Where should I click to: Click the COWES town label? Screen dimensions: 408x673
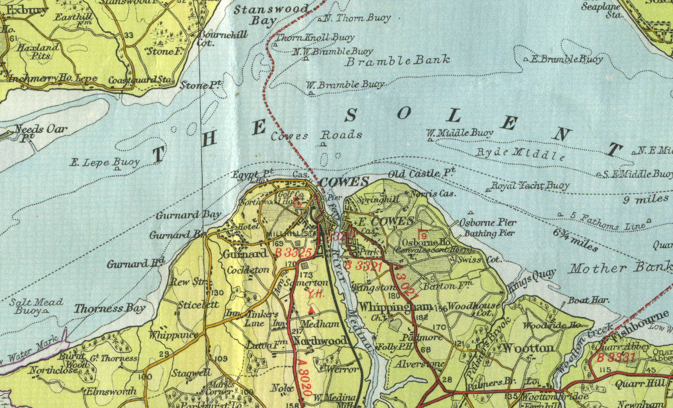(344, 182)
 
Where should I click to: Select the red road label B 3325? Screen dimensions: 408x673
(293, 252)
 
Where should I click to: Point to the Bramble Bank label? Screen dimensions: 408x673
(397, 61)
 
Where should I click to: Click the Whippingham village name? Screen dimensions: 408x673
(395, 307)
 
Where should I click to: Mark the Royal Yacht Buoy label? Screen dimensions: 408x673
(530, 185)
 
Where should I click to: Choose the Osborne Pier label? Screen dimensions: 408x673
(487, 223)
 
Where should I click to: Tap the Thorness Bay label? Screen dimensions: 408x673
(109, 309)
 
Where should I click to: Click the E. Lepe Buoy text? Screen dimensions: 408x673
(105, 162)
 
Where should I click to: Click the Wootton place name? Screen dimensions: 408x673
(528, 349)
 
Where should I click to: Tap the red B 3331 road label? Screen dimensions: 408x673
(615, 358)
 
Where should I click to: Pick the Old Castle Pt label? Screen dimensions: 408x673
(421, 174)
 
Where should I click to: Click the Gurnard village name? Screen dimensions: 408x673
(245, 254)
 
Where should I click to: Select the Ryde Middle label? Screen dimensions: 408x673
(520, 154)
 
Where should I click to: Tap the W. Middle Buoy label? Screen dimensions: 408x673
(460, 132)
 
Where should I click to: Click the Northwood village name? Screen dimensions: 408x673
(320, 341)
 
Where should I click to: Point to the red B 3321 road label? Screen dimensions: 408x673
(363, 266)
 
